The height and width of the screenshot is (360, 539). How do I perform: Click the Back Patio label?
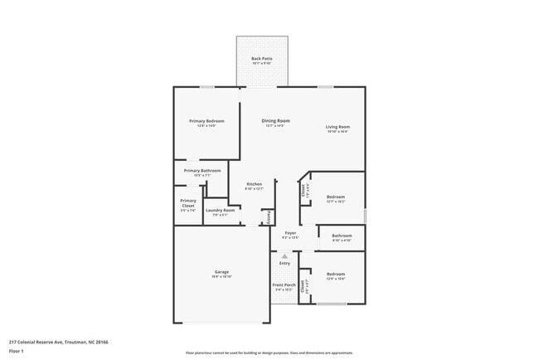click(262, 58)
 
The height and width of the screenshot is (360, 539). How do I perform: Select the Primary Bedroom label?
click(206, 121)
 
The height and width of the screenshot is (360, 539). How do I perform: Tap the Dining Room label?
click(275, 121)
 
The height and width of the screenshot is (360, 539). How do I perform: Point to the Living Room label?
click(337, 127)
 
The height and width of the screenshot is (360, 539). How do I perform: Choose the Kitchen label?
click(254, 184)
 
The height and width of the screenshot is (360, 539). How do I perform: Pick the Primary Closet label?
click(188, 202)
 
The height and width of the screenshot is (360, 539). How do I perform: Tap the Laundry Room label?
click(220, 211)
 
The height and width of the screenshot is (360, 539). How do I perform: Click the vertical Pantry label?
click(269, 217)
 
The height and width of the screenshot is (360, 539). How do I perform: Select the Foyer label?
click(290, 233)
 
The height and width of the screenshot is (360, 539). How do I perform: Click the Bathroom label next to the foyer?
click(342, 236)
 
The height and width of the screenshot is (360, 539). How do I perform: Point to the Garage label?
click(221, 272)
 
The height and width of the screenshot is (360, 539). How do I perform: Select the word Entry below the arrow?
click(284, 264)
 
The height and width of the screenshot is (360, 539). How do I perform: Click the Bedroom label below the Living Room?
click(335, 197)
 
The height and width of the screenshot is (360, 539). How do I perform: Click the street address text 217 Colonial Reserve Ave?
click(59, 342)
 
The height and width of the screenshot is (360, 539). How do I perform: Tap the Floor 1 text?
click(17, 352)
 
